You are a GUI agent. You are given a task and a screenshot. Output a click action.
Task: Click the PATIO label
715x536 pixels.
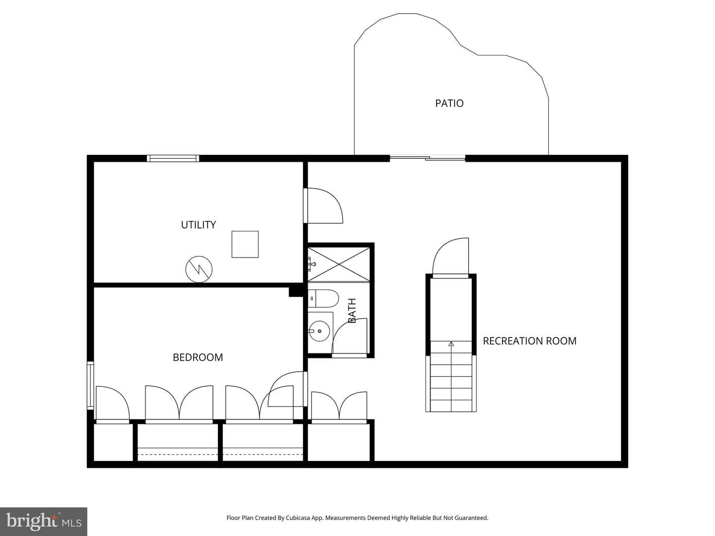click(449, 103)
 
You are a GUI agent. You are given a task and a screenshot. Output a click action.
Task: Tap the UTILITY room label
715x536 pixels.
click(199, 224)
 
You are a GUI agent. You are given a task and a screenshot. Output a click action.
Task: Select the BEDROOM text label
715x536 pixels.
click(198, 357)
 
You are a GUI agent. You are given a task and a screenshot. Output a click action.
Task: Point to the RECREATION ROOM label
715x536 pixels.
click(530, 341)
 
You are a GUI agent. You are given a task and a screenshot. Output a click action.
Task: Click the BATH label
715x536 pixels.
click(352, 311)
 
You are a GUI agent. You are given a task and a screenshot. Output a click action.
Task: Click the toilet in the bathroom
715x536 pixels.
click(323, 298)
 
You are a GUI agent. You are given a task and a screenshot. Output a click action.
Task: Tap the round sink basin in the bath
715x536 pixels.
click(319, 331)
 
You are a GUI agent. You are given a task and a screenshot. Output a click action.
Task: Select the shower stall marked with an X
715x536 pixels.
click(339, 264)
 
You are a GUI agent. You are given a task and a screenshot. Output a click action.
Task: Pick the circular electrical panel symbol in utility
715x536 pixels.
click(199, 269)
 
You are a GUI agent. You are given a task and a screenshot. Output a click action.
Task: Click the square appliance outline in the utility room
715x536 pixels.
click(245, 244)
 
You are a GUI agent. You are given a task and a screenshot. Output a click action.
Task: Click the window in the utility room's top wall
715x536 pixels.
click(173, 158)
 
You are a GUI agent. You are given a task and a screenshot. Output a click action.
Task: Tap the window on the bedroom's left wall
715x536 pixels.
click(90, 385)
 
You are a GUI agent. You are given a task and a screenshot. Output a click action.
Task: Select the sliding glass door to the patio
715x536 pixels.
click(428, 158)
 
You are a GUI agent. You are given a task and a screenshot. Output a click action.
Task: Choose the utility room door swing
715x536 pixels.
click(323, 205)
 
